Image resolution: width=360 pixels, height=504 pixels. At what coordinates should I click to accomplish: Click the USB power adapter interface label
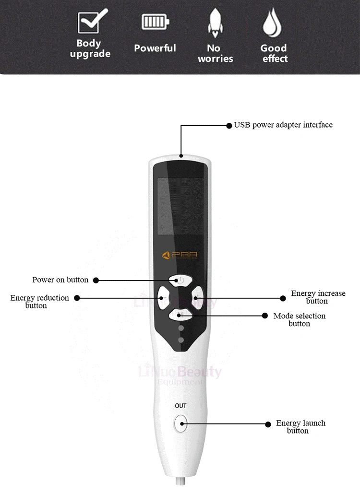pos(283,125)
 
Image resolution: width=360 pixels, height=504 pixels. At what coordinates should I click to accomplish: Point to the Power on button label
pos(60,280)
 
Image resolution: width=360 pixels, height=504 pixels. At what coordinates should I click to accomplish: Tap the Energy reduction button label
pos(39,301)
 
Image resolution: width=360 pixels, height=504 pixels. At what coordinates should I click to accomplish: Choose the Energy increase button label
pos(318,297)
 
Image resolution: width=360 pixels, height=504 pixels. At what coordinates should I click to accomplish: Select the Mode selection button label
pos(299,319)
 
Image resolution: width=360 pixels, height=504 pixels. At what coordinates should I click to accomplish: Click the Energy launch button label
pos(300,427)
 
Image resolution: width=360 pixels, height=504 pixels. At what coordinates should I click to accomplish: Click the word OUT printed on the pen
pos(180,406)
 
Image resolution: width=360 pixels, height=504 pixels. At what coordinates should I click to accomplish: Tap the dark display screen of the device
pos(180,206)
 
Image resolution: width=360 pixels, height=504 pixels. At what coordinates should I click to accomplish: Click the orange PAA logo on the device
pos(180,256)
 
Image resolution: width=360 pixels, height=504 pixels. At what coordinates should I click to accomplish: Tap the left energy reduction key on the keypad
pos(165,297)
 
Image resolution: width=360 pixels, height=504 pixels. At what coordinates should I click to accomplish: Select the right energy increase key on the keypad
pos(196,297)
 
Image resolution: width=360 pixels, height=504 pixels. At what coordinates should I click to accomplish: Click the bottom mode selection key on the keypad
pos(180,314)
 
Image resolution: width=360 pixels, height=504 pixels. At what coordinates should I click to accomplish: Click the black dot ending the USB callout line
pos(229,125)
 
